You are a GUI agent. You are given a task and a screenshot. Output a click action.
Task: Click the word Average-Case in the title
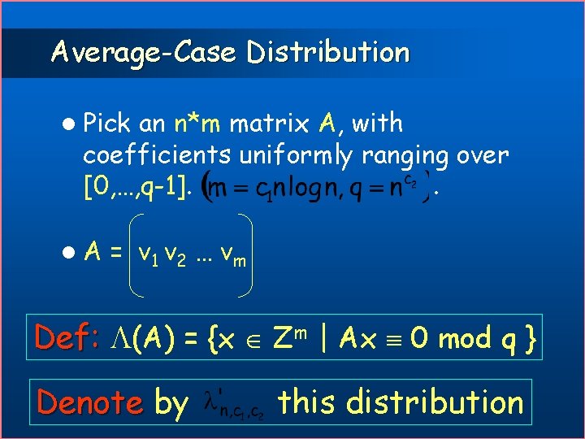coord(142,53)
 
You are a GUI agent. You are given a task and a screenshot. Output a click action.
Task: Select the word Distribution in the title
coord(328,53)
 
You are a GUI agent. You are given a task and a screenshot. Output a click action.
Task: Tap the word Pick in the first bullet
coord(109,124)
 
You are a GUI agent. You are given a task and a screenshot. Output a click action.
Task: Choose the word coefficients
coord(158,154)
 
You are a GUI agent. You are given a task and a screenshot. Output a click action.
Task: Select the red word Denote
coord(90,402)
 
